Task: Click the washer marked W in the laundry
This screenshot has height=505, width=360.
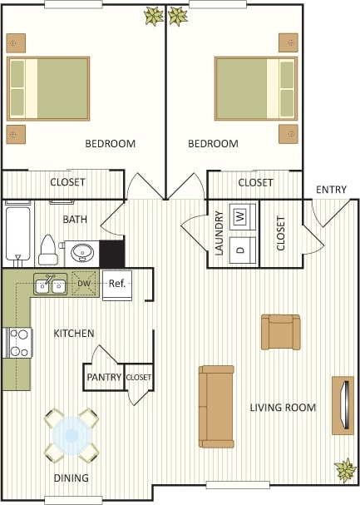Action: pos(240,216)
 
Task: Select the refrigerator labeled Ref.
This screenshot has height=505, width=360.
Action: pos(117,284)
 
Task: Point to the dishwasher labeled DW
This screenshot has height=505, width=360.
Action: pos(84,284)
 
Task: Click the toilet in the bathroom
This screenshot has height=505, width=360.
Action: pos(48,249)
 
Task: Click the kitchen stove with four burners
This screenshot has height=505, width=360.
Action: pos(18,342)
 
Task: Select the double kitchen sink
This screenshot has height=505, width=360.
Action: pos(51,285)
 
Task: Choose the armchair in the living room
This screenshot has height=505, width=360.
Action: pos(280,331)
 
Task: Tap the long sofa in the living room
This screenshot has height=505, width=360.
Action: pos(216,406)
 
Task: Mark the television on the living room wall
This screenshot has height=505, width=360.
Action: pos(343,405)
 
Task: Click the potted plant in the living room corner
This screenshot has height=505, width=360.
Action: pos(344,469)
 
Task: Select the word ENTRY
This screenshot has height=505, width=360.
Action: pos(331,190)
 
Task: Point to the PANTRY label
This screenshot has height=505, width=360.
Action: pos(104,377)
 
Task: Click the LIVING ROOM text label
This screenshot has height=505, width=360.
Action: pos(283,408)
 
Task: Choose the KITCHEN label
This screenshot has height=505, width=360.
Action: pos(74,334)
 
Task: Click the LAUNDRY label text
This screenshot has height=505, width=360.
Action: pos(219,234)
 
